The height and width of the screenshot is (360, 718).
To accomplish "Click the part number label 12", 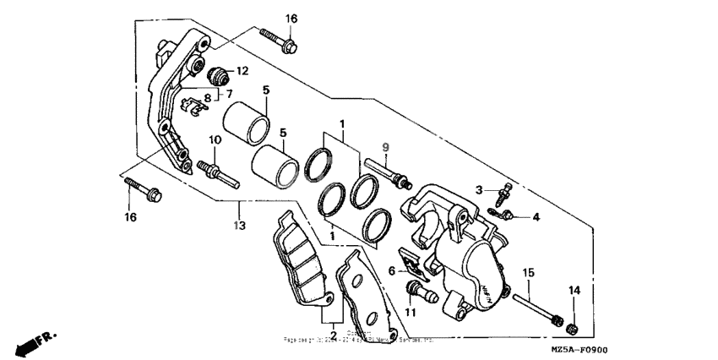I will coord(242,70).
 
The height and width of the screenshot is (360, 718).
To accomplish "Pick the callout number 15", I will coord(528,272).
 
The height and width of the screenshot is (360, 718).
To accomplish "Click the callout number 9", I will coord(384,148).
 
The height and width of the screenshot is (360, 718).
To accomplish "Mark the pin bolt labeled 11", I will coord(417,292).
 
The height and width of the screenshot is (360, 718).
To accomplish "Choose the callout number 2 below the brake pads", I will coord(333,335).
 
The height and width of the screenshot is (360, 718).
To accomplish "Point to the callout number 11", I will coord(411,312).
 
